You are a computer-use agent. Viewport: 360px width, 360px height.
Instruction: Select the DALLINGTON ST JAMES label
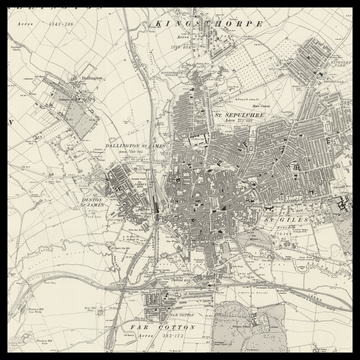133,147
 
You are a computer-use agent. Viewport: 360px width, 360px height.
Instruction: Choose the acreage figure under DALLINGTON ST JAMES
133,155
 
